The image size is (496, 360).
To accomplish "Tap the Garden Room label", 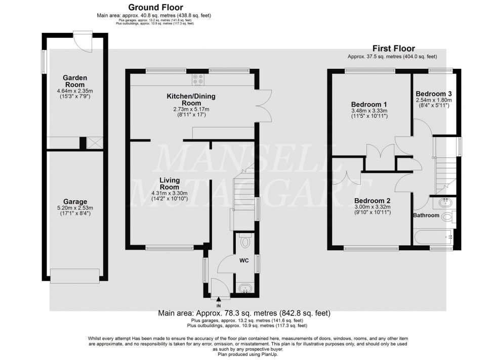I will pyautogui.click(x=74, y=81).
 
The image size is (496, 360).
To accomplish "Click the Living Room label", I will pyautogui.click(x=170, y=184).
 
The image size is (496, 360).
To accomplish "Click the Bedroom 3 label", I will pyautogui.click(x=433, y=94).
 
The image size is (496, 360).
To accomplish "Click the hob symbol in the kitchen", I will pyautogui.click(x=197, y=80).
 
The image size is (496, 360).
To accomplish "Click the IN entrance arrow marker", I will pyautogui.click(x=219, y=300).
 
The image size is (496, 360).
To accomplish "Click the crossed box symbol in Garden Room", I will pyautogui.click(x=94, y=143).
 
